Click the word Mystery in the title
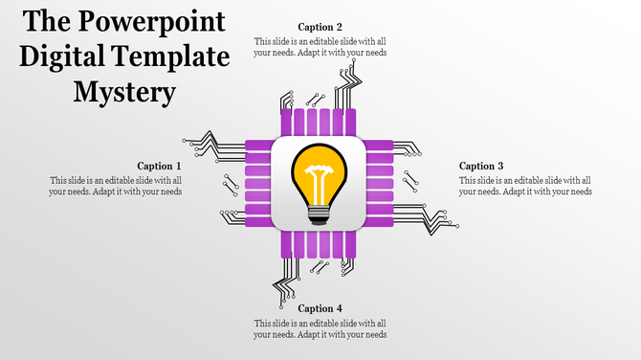(125, 93)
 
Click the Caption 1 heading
(159, 167)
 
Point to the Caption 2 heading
(320, 28)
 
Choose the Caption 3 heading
(481, 167)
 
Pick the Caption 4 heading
(320, 308)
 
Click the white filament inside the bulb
(320, 176)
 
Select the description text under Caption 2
(320, 47)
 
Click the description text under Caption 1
(115, 186)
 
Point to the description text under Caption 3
(525, 186)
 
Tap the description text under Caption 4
(320, 328)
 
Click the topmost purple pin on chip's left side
(258, 146)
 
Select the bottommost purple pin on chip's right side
(380, 222)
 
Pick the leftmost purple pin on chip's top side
(285, 123)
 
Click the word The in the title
(47, 23)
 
